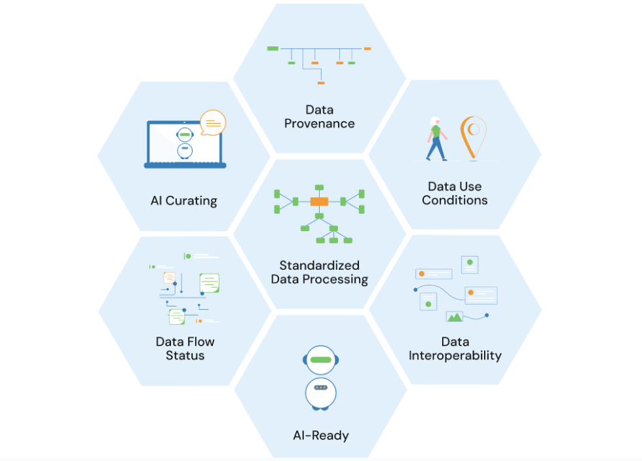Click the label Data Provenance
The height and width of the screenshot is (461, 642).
(319, 117)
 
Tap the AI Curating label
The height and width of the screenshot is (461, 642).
(183, 200)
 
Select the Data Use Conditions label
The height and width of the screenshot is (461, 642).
(455, 194)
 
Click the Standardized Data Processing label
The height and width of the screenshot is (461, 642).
(320, 272)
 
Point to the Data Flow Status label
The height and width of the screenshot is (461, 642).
(185, 348)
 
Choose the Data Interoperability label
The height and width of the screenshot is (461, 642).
(455, 349)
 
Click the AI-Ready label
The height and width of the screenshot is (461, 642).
(320, 435)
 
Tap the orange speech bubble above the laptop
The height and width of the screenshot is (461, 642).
(212, 122)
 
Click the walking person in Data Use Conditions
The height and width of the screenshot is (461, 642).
(436, 139)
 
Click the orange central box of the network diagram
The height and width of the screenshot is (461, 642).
(319, 201)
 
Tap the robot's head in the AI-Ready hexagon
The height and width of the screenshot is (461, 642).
(320, 360)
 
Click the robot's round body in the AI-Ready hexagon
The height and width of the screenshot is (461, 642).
(320, 391)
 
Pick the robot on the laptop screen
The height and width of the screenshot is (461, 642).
(185, 143)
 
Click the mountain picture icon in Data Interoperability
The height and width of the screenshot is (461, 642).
(455, 316)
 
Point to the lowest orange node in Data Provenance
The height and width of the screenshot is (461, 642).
(320, 83)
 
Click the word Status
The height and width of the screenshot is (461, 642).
(185, 356)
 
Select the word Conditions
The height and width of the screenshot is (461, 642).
(455, 200)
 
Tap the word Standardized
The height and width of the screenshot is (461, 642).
(320, 265)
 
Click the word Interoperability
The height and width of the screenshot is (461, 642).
(455, 356)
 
